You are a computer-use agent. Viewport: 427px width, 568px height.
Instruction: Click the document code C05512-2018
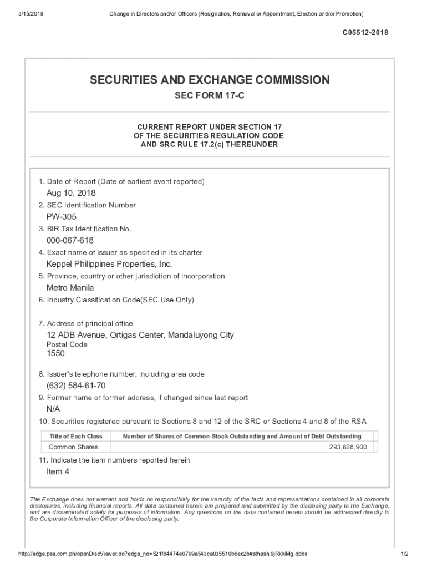point(364,33)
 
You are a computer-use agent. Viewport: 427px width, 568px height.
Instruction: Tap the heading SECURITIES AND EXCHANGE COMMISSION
point(210,80)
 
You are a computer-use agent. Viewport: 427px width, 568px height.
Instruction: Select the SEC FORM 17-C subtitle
point(210,96)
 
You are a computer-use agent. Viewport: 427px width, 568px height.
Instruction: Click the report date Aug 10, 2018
point(71,193)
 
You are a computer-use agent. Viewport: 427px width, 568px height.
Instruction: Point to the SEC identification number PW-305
point(62,217)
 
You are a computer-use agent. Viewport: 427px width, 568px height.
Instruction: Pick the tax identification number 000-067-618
point(70,241)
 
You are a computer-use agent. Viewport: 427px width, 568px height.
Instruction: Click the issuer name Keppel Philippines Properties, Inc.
point(109,264)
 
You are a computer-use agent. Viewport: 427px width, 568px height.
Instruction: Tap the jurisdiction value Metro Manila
point(70,288)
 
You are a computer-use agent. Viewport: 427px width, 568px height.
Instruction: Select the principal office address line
point(140,335)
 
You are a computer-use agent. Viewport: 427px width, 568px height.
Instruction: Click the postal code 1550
point(55,353)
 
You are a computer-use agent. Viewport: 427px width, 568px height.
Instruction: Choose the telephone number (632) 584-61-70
point(76,386)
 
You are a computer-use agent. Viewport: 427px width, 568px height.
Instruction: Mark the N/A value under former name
point(53,409)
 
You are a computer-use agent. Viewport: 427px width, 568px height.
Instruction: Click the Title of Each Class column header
point(76,437)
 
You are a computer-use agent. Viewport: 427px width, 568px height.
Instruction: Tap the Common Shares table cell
point(73,447)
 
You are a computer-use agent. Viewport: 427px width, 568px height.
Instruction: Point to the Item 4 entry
point(58,472)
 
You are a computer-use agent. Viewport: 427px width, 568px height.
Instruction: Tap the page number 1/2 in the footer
point(404,554)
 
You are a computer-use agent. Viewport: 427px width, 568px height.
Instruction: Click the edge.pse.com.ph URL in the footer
point(162,554)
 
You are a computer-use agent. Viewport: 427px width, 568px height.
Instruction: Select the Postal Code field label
point(67,344)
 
